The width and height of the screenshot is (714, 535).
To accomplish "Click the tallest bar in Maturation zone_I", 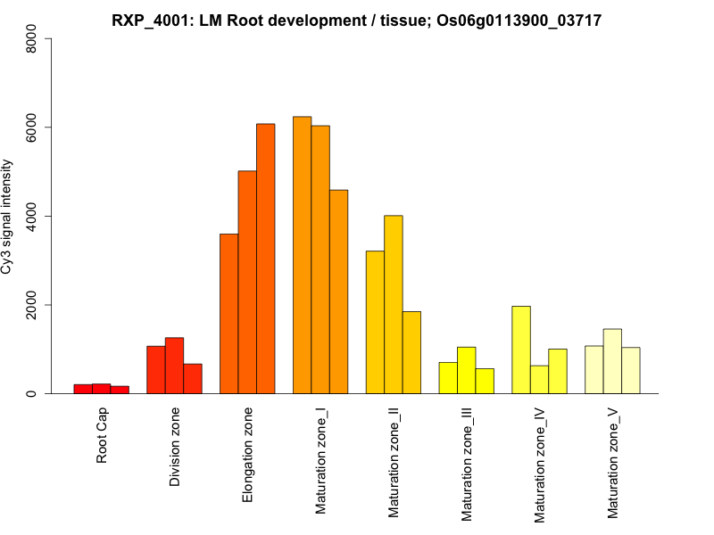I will pyautogui.click(x=302, y=255).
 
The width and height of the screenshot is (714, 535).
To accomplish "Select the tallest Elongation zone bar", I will pyautogui.click(x=265, y=259).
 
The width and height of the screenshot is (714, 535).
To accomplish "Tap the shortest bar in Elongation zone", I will pyautogui.click(x=228, y=313).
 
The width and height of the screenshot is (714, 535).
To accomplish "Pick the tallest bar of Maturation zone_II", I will pyautogui.click(x=394, y=304).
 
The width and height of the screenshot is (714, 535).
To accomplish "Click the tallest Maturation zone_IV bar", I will pyautogui.click(x=521, y=350).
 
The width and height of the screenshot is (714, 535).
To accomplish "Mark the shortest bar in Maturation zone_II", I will pyautogui.click(x=411, y=352).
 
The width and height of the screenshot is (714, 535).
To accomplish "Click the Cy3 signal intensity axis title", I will pyautogui.click(x=9, y=217).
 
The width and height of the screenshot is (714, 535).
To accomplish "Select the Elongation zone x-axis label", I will pyautogui.click(x=248, y=455).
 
